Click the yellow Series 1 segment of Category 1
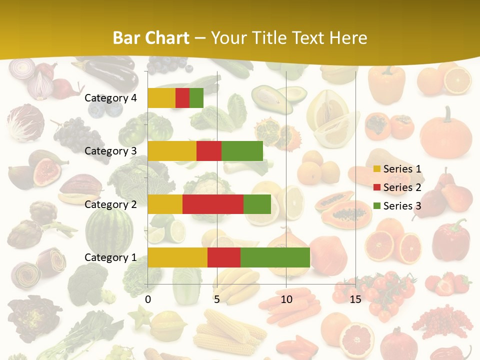tap(177, 257)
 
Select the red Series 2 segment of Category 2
tap(213, 204)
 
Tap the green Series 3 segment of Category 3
tap(242, 151)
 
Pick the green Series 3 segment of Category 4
tap(196, 98)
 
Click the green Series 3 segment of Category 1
tap(275, 257)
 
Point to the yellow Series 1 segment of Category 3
tap(172, 151)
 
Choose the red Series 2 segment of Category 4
tap(182, 98)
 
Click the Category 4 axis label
tap(110, 98)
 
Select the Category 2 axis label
tap(110, 204)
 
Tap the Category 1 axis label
tap(110, 257)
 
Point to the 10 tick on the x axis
tap(286, 299)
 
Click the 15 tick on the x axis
tap(355, 299)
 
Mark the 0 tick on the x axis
tap(148, 299)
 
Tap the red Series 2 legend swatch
tap(377, 188)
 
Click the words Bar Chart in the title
tap(150, 38)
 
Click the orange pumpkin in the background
tap(445, 132)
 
